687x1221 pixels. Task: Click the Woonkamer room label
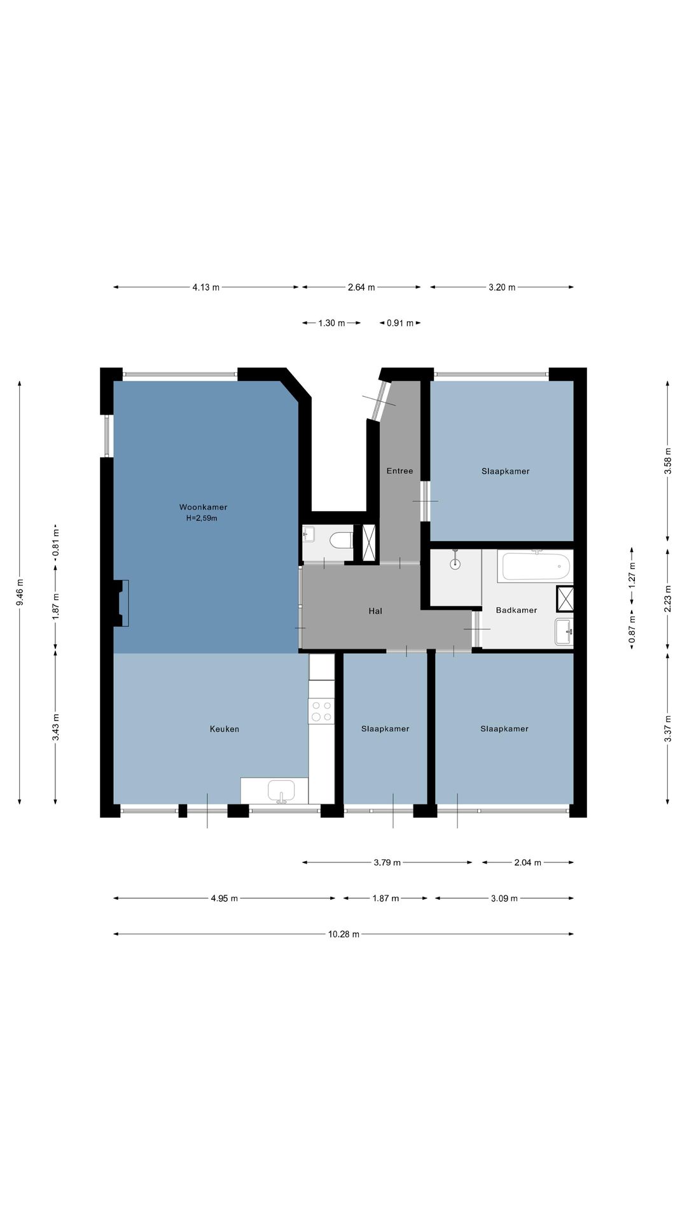click(203, 507)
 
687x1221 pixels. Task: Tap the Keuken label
click(225, 729)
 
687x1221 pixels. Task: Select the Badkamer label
click(517, 610)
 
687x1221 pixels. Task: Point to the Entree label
click(400, 471)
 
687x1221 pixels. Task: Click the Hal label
click(375, 611)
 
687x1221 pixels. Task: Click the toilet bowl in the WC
click(342, 541)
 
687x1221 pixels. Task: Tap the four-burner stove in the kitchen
click(321, 710)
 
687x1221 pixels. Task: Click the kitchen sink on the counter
click(281, 790)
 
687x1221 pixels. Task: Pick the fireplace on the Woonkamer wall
click(121, 604)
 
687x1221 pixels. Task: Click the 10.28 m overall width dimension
click(343, 934)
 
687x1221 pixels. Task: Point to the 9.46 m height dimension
click(20, 592)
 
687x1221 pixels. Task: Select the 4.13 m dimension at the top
click(206, 287)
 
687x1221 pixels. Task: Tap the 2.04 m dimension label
click(528, 862)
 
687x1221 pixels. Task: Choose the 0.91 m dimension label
click(400, 323)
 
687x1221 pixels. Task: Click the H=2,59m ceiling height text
click(202, 518)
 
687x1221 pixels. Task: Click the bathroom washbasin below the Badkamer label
click(564, 631)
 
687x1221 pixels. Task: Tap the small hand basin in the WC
click(309, 534)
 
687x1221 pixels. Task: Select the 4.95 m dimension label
click(224, 899)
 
